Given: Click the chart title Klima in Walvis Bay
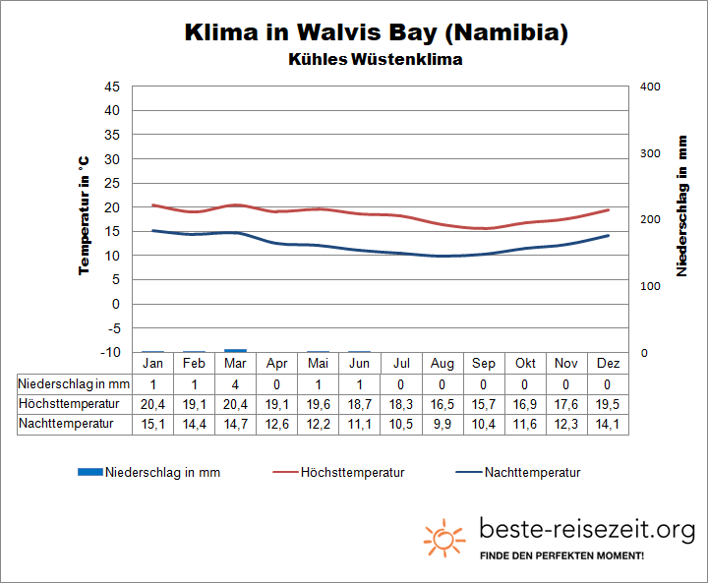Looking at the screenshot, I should point(377,32).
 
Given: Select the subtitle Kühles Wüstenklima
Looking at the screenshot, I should point(377,59).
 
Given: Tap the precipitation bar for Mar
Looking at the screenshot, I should point(235,350).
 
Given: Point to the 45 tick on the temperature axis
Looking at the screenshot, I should point(111,87).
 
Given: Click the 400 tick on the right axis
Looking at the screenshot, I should point(650,87).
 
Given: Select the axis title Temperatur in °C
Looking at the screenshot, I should point(86,214).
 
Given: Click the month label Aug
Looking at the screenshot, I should point(442,364).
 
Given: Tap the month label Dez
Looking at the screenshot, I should point(609,364).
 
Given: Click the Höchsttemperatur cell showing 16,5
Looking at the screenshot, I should point(442,404).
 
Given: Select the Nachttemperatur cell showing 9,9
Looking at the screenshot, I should point(442,424).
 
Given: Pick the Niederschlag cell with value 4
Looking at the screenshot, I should point(235,383).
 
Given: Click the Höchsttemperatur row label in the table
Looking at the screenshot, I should point(69,404).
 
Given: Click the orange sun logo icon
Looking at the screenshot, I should point(444,538).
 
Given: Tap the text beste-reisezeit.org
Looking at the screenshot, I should point(587,530).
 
